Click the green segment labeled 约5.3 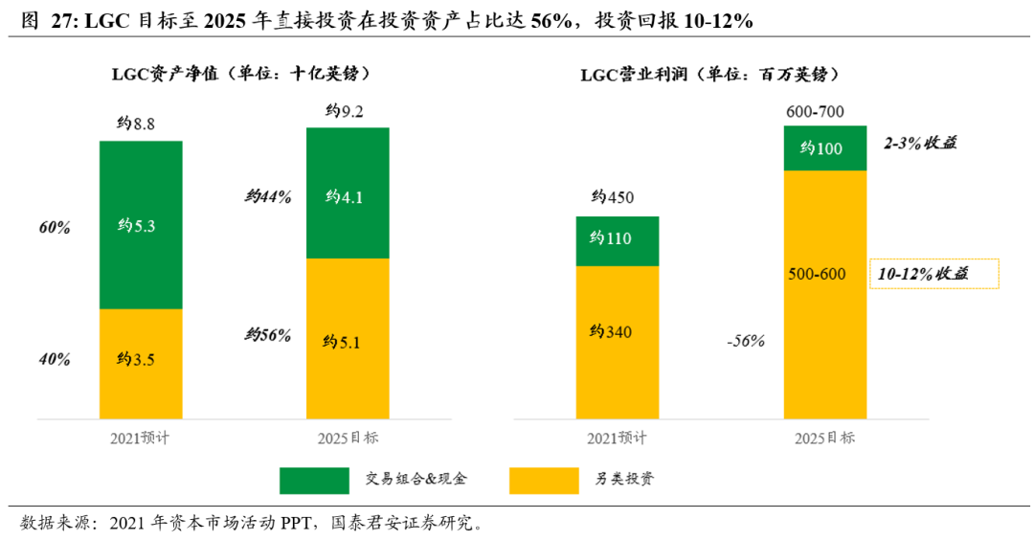pyautogui.click(x=141, y=225)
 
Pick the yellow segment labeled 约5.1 pyautogui.click(x=348, y=339)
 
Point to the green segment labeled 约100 pyautogui.click(x=825, y=148)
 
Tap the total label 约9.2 pyautogui.click(x=345, y=111)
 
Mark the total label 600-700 pyautogui.click(x=815, y=111)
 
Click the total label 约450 pyautogui.click(x=613, y=198)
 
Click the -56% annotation pyautogui.click(x=744, y=340)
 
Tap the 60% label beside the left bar pyautogui.click(x=56, y=228)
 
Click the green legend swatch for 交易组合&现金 pyautogui.click(x=314, y=480)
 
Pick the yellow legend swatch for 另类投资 pyautogui.click(x=544, y=480)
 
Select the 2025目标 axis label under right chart pyautogui.click(x=825, y=438)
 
